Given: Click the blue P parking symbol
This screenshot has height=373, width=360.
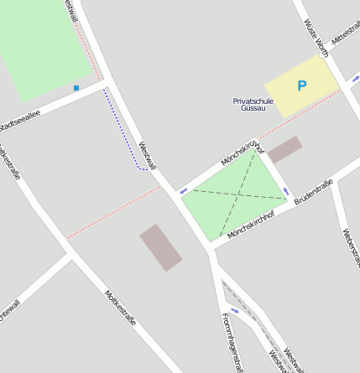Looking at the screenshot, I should pyautogui.click(x=302, y=85).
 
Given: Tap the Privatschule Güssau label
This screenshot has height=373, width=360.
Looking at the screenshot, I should pyautogui.click(x=252, y=104).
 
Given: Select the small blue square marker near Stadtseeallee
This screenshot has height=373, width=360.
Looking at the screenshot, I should pyautogui.click(x=76, y=87).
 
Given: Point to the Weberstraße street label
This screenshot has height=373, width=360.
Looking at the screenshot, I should pyautogui.click(x=351, y=247).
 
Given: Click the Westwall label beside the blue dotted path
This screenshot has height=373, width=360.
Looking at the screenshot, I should pyautogui.click(x=148, y=155).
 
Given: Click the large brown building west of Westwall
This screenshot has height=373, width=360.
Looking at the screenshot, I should pyautogui.click(x=160, y=247).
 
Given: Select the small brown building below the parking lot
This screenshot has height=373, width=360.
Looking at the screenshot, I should pyautogui.click(x=284, y=149).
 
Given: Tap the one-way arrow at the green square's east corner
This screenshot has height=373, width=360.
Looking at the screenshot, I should pyautogui.click(x=285, y=191).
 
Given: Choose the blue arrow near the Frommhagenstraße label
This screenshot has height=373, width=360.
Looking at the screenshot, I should pyautogui.click(x=234, y=311).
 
